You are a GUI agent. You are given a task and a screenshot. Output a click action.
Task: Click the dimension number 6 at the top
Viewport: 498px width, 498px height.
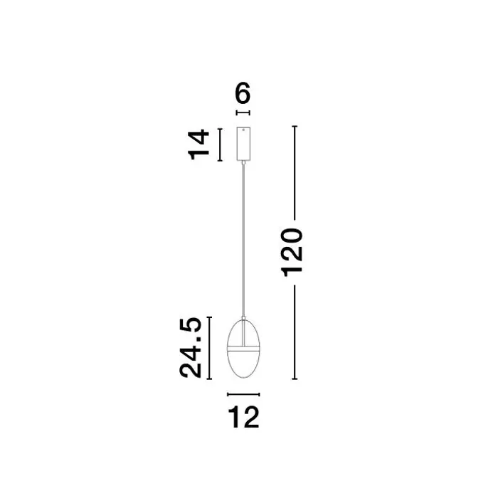[243, 92]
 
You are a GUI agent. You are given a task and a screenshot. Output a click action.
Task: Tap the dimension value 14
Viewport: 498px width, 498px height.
[199, 144]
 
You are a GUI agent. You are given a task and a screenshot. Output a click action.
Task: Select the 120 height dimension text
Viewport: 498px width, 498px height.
[292, 253]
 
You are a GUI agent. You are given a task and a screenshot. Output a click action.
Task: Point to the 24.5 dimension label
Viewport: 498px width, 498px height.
[191, 348]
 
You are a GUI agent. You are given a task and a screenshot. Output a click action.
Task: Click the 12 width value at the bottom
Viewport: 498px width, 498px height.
[243, 418]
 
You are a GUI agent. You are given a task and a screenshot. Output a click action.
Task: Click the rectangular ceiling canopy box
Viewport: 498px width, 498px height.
[243, 144]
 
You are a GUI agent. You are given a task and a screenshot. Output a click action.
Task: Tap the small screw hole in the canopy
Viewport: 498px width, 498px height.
[243, 129]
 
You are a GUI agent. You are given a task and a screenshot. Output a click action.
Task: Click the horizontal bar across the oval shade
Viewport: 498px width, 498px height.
[243, 347]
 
